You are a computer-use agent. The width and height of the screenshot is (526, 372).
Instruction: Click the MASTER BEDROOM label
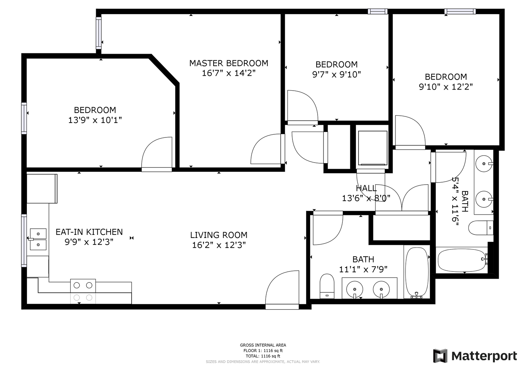point(228,63)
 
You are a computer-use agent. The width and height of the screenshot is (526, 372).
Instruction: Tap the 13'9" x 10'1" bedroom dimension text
point(95,120)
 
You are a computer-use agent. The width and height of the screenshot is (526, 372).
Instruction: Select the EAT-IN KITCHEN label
point(89,232)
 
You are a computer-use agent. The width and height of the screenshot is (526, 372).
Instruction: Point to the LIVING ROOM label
point(219,235)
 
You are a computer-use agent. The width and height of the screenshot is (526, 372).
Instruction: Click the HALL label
point(366,188)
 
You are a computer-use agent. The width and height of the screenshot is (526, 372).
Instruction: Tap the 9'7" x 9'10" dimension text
point(336,74)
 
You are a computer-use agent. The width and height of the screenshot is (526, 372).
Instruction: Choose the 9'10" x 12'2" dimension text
point(446,87)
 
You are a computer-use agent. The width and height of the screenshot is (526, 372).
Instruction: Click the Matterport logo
point(475,356)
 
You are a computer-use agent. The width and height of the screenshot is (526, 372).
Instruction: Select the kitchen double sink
point(38,239)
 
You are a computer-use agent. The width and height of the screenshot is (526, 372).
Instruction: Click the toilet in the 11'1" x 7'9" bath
point(327,286)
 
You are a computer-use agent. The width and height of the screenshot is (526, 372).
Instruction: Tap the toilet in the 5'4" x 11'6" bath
point(481,228)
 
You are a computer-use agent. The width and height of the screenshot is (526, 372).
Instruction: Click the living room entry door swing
point(282,290)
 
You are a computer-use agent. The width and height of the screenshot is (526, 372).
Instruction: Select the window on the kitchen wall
point(24,240)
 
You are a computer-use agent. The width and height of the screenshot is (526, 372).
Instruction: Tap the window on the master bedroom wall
point(99,33)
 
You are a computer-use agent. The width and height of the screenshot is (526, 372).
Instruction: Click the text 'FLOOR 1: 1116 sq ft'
point(263,351)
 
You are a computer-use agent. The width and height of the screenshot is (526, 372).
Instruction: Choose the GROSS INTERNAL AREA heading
point(263,345)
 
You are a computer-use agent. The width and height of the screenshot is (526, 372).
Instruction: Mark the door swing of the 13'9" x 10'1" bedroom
point(157,154)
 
